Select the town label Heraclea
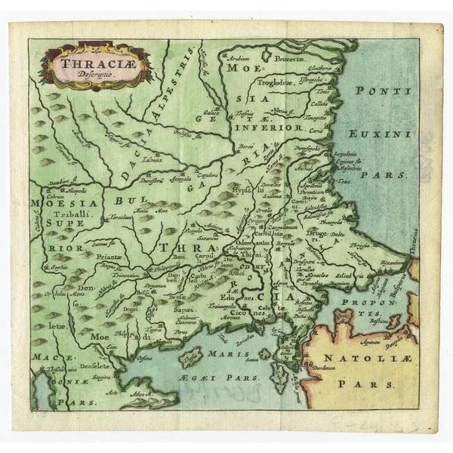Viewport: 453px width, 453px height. [x=316, y=276]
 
